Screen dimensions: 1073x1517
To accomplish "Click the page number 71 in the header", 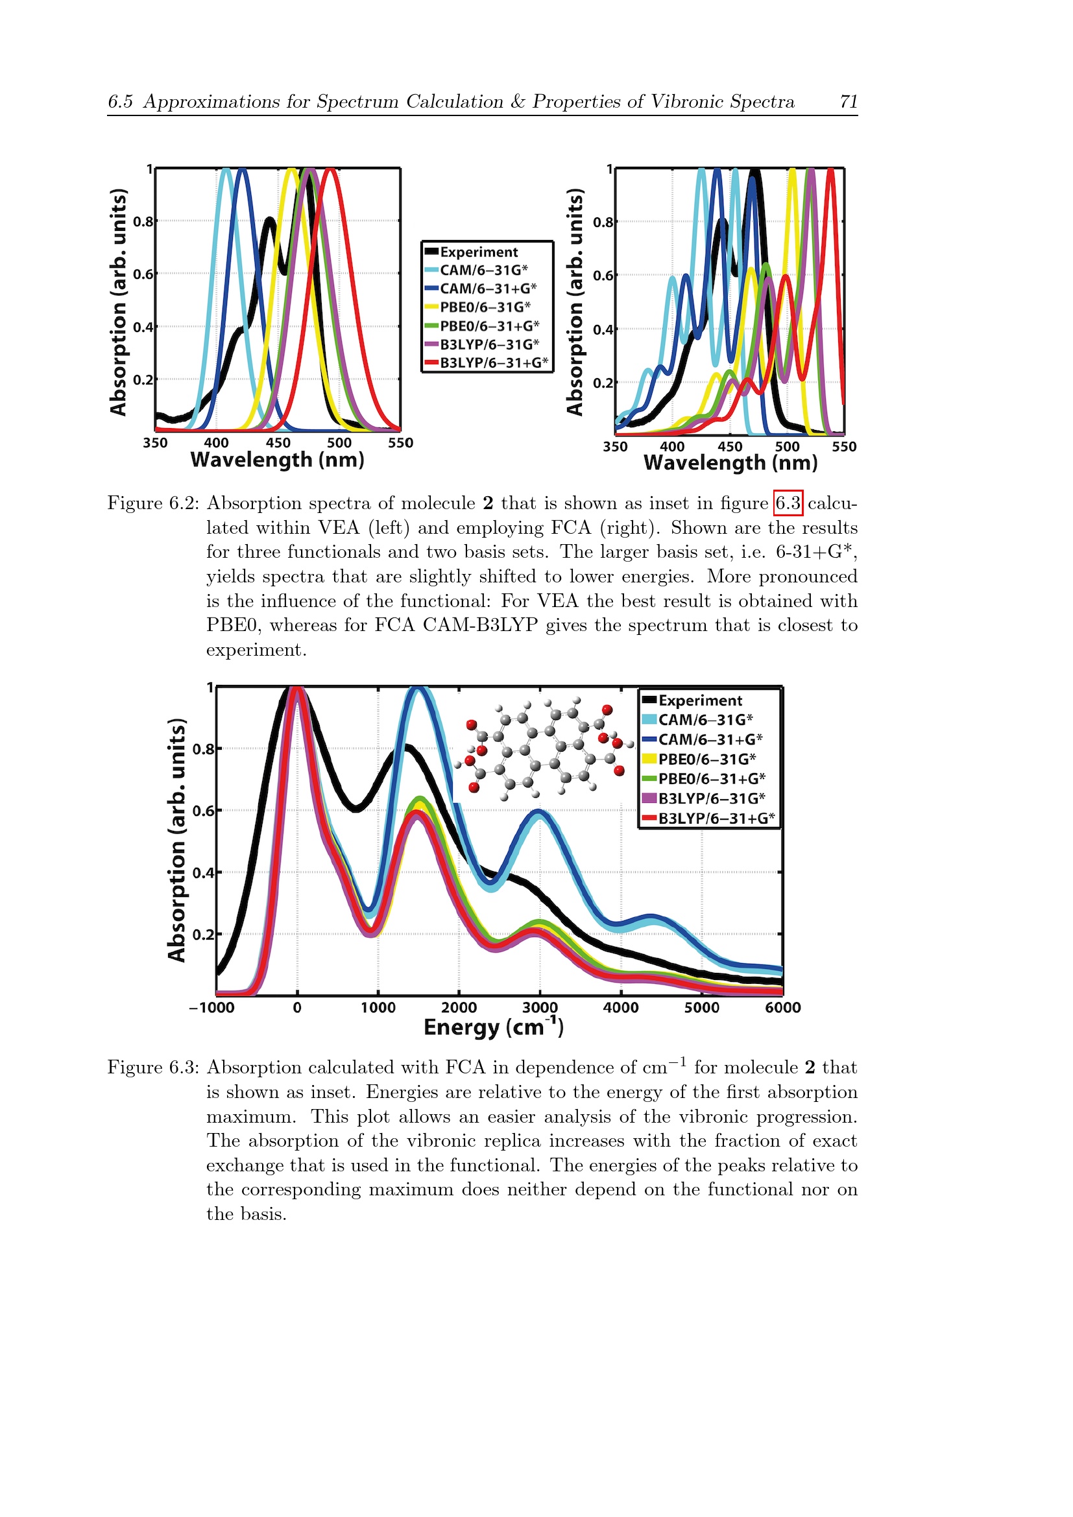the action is pyautogui.click(x=849, y=101).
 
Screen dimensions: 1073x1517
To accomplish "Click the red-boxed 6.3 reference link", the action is pyautogui.click(x=788, y=503).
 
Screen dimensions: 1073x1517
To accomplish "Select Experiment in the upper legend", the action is pyautogui.click(x=479, y=252).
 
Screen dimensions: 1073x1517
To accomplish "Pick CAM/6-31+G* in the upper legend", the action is pyautogui.click(x=488, y=289).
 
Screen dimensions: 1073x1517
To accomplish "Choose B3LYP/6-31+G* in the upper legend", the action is pyautogui.click(x=494, y=362).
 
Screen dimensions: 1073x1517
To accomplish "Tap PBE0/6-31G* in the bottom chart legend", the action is pyautogui.click(x=707, y=759).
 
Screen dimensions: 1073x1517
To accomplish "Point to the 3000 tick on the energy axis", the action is pyautogui.click(x=540, y=1008).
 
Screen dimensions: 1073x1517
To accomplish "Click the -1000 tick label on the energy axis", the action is pyautogui.click(x=211, y=1008).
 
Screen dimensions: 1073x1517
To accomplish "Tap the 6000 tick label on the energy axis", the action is pyautogui.click(x=783, y=1008).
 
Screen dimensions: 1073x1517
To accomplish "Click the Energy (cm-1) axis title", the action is pyautogui.click(x=494, y=1026).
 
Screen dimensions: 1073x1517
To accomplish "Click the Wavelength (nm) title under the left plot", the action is pyautogui.click(x=278, y=459).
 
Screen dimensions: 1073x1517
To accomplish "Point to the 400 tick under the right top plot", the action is pyautogui.click(x=672, y=447).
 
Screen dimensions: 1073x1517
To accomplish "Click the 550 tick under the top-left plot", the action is pyautogui.click(x=400, y=443).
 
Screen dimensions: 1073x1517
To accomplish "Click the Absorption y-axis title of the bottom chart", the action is pyautogui.click(x=176, y=840).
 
